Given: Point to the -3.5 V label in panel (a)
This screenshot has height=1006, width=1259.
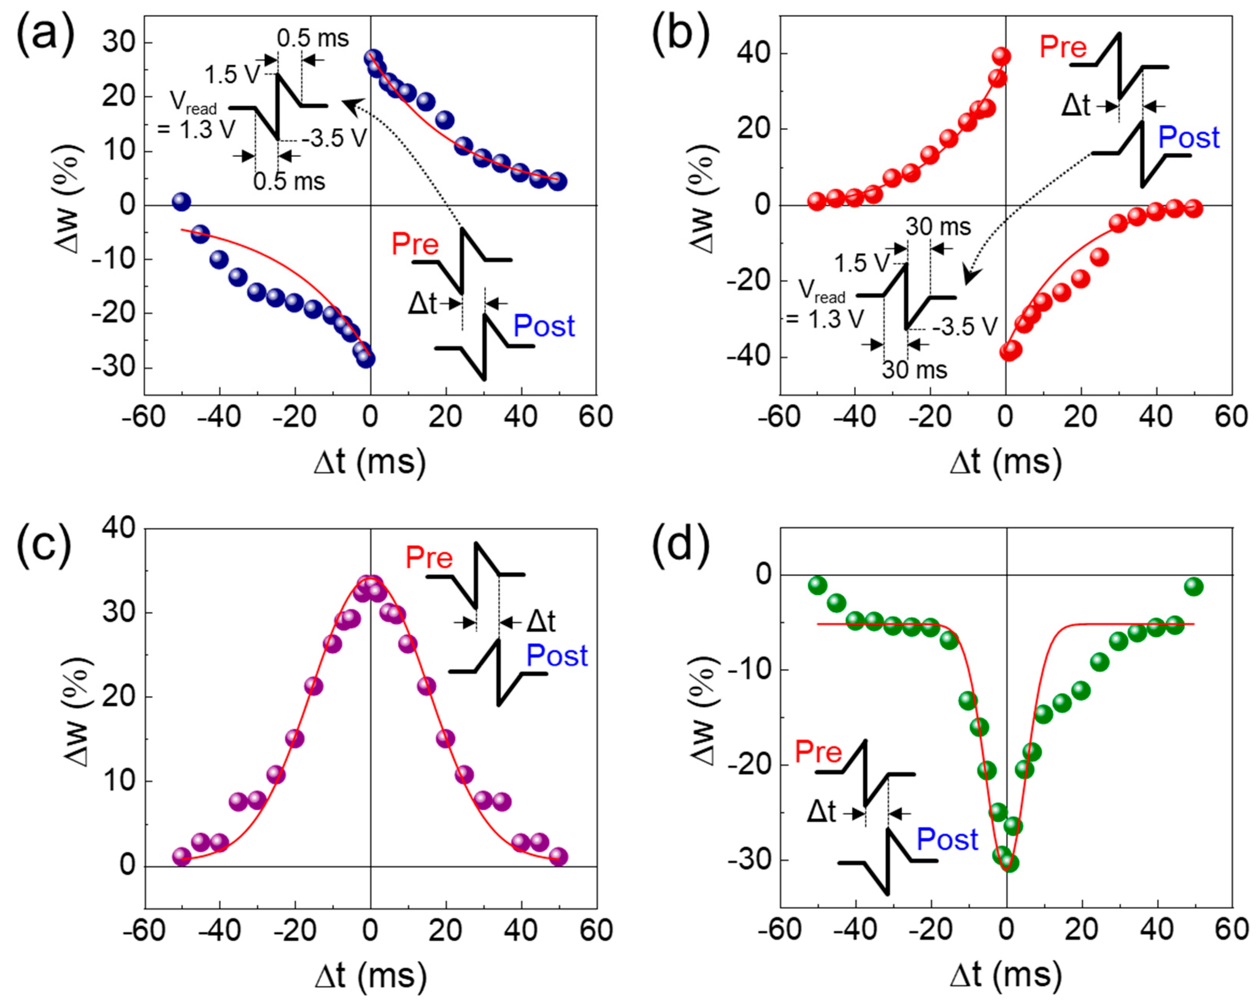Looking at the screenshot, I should [x=335, y=138].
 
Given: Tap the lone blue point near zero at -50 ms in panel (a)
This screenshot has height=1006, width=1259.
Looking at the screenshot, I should [x=182, y=202].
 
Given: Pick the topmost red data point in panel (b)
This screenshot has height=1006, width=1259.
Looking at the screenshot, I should [x=1002, y=56].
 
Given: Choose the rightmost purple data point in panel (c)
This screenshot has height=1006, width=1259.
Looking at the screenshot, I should [x=559, y=856].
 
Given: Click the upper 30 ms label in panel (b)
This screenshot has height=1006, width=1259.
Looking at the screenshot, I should [x=938, y=226].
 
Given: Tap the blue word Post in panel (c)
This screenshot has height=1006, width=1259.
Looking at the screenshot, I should [x=556, y=656].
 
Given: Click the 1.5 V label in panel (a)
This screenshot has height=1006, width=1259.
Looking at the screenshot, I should [x=232, y=74].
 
